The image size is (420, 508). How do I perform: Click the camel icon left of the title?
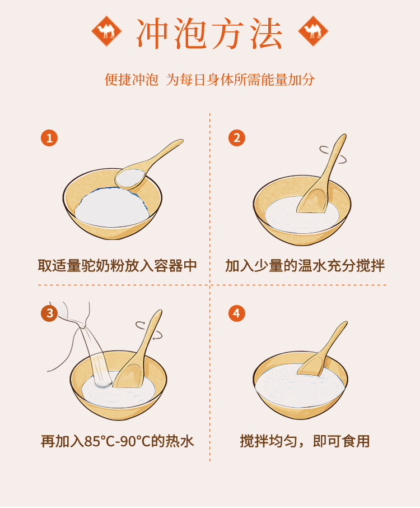coord(106,31)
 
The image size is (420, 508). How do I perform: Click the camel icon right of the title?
coord(313,31)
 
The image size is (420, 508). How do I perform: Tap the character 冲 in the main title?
coord(153,34)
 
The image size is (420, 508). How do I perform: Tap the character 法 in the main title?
coord(266,34)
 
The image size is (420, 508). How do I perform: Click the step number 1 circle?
coord(49,138)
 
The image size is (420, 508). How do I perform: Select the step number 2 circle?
coord(236,138)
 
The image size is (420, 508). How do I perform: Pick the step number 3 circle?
coord(49,313)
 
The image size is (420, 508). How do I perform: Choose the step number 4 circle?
coord(236,313)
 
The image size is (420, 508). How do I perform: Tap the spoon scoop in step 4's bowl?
coord(311,366)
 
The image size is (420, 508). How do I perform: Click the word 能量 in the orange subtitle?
coord(267,80)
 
